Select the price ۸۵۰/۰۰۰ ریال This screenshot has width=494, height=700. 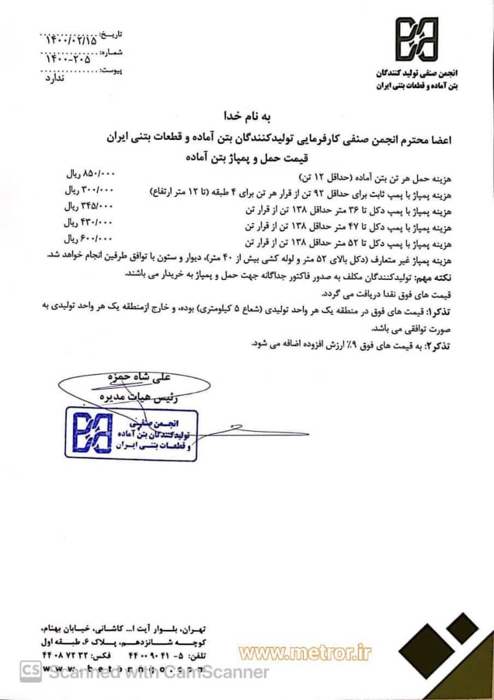coord(89,175)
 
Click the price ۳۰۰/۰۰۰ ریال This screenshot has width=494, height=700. coord(89,191)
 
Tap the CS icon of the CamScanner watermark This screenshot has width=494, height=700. coord(30,671)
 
